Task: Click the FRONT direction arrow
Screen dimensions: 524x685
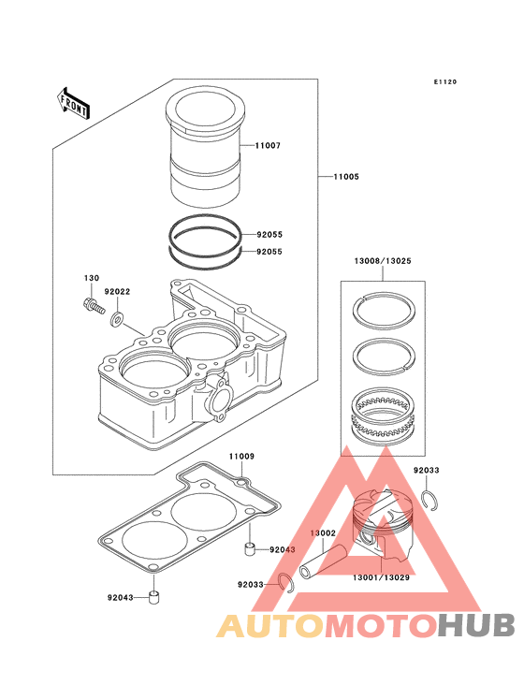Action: [73, 105]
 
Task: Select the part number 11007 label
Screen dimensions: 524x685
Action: [268, 145]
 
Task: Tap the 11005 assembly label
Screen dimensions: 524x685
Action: [346, 177]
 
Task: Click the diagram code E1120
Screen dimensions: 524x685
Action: [445, 81]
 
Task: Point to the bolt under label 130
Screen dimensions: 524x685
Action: [94, 305]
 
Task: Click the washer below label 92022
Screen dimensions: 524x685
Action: [117, 319]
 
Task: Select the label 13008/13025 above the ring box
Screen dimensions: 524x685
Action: [383, 261]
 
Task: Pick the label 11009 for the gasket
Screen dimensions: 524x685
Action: [241, 456]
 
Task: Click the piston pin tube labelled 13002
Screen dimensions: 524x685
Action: [323, 561]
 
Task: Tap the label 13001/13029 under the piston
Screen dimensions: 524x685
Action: [381, 577]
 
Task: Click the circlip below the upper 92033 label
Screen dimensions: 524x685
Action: [430, 500]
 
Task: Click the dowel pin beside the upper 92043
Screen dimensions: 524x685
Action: [249, 548]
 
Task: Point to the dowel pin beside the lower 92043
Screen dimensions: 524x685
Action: [153, 597]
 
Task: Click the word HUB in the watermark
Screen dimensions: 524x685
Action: [477, 625]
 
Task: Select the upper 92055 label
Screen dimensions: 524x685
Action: [269, 235]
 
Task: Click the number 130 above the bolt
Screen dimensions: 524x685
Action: [92, 278]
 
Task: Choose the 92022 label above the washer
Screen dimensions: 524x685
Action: [117, 291]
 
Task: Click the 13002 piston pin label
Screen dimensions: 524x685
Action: [323, 533]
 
